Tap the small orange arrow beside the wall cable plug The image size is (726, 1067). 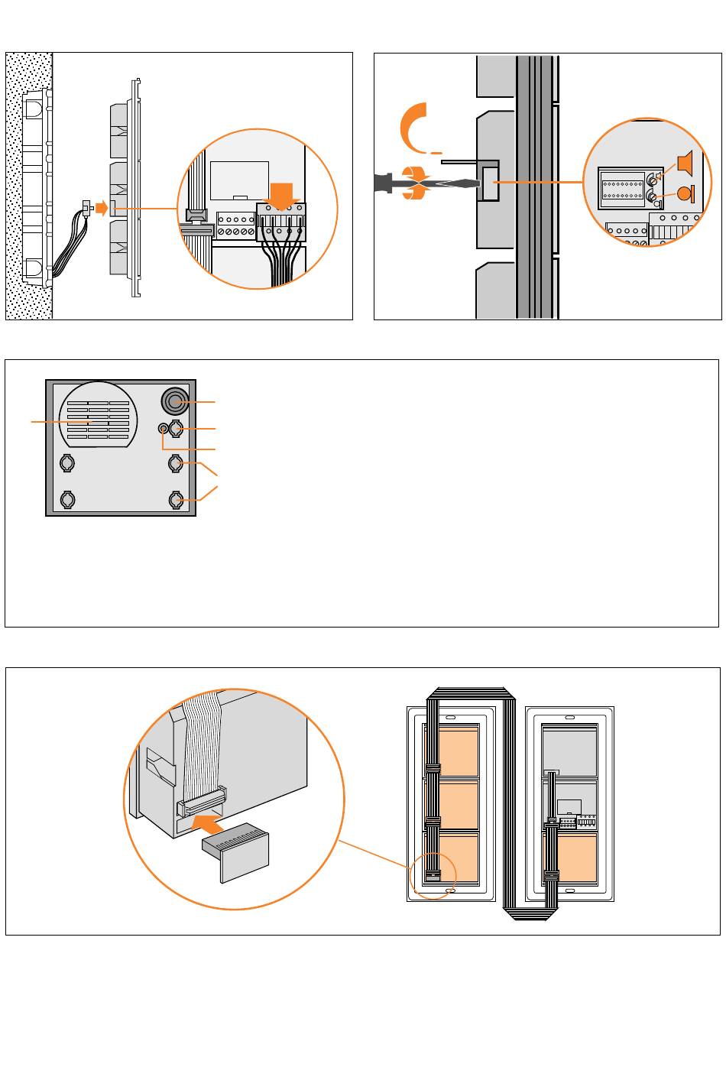[x=104, y=207]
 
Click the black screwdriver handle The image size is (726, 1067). [x=386, y=183]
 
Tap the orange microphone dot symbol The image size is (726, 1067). [x=685, y=193]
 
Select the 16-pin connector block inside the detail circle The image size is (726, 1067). [x=623, y=187]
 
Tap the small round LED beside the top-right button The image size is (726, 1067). [x=163, y=429]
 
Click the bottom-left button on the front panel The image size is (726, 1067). [x=67, y=499]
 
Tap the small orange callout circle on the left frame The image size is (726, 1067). [x=433, y=876]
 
